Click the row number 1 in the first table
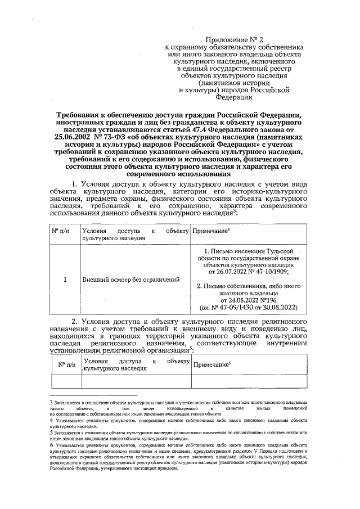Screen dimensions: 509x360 pyautogui.click(x=65, y=278)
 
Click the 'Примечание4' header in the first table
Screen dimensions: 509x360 pyautogui.click(x=211, y=232)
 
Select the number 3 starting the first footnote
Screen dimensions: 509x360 pyautogui.click(x=51, y=403)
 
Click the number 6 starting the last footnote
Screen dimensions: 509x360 pyautogui.click(x=51, y=445)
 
